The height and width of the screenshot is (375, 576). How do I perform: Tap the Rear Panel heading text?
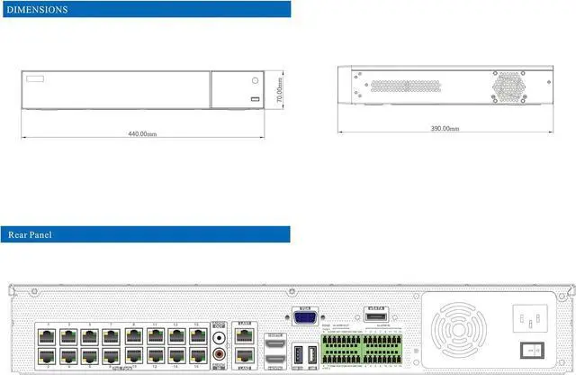31,235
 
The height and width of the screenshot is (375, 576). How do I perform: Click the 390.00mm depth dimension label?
445,129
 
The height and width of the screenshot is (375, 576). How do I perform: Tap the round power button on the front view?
253,82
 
